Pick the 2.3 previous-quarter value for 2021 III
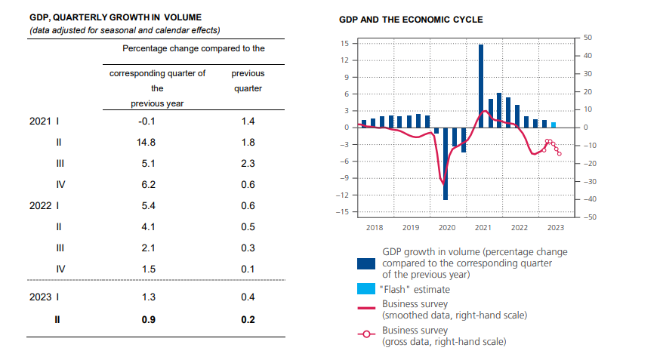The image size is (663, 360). (x=248, y=164)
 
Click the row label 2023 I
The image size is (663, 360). (x=45, y=297)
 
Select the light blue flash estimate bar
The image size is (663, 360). (x=554, y=125)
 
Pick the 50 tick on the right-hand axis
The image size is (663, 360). (x=588, y=38)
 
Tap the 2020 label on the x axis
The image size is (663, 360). (x=446, y=227)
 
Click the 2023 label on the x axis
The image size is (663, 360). (x=555, y=227)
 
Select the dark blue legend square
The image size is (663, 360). (x=366, y=263)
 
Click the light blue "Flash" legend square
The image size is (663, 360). (x=366, y=289)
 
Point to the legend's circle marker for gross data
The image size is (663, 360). (x=366, y=336)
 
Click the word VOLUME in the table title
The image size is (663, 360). (x=183, y=16)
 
